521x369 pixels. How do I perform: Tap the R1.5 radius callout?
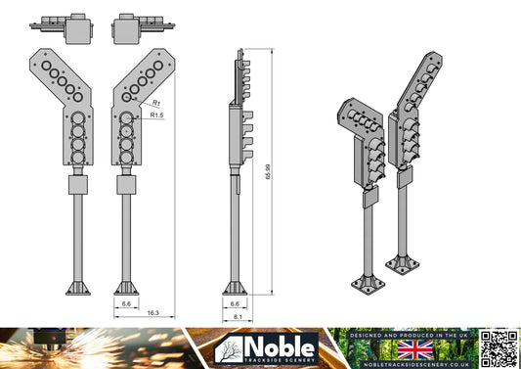pos(157,115)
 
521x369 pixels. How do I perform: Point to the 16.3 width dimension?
pos(153,313)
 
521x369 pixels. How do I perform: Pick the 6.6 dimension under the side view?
pos(235,304)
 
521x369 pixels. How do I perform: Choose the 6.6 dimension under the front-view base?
pos(126,304)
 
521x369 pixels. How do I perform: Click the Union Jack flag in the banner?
pos(422,349)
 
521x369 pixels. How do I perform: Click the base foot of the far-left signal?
pos(78,288)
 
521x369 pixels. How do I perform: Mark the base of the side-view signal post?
pos(235,288)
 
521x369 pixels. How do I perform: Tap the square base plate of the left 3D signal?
pos(369,284)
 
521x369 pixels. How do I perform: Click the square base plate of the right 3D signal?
pos(404,263)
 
